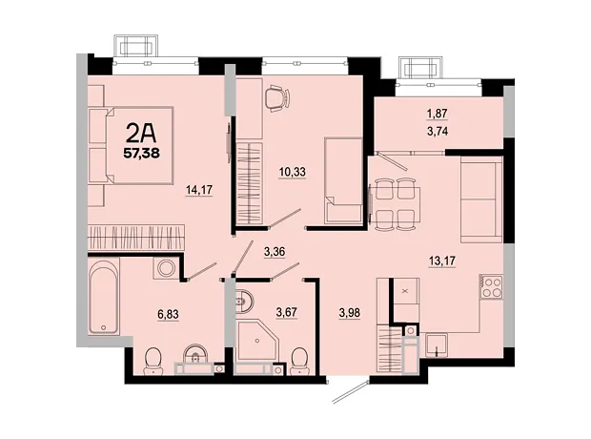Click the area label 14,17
tap(199, 190)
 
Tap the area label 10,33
tap(292, 172)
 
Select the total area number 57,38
tap(142, 153)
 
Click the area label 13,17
tap(442, 261)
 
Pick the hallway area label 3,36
tap(275, 251)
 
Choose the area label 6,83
tap(168, 314)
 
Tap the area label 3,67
tap(287, 312)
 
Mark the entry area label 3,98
tap(350, 313)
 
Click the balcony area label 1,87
tap(438, 113)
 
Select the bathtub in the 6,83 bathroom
tap(104, 296)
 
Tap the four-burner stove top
tap(492, 287)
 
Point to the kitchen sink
tap(437, 345)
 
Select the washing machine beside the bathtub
tap(165, 269)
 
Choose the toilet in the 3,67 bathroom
tap(300, 361)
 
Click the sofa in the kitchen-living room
tap(481, 199)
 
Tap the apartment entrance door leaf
tap(350, 392)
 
